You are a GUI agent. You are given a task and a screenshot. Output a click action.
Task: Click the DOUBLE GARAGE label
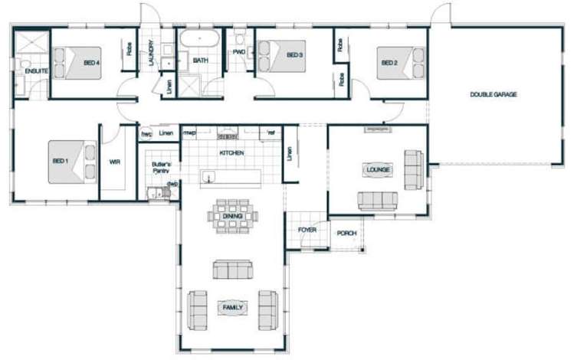[x=494, y=95]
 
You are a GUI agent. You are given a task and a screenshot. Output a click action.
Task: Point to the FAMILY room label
[x=233, y=307]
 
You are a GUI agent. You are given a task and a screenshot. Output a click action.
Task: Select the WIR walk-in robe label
[x=115, y=162]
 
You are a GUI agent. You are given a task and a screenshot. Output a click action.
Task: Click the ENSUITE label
[x=36, y=71]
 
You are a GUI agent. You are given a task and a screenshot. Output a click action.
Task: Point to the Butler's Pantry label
[x=160, y=167]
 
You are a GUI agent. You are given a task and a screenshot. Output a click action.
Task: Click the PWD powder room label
[x=239, y=52]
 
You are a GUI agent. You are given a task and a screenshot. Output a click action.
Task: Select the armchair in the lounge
[x=412, y=169]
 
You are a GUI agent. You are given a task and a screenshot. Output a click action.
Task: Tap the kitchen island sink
[x=208, y=178]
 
